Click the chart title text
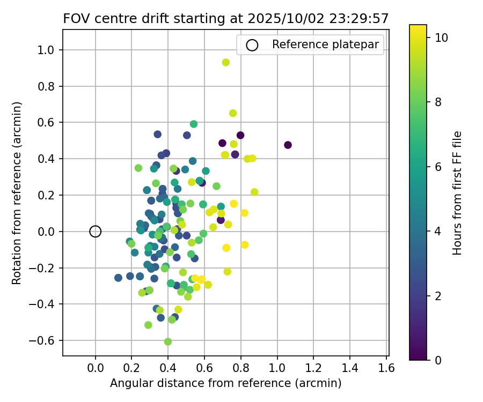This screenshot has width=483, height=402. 226,19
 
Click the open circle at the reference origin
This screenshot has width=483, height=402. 96,232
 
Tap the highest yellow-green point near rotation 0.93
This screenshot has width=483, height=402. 226,62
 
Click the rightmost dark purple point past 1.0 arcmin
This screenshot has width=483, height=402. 288,145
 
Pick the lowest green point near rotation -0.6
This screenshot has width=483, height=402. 168,341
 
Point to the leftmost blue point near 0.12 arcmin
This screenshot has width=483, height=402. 118,278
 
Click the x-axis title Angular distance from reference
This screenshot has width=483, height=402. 226,383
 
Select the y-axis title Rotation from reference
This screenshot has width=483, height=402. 17,193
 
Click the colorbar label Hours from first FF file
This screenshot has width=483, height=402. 457,193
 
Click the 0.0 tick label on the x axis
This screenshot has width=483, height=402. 96,368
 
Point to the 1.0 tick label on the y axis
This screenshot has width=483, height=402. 49,50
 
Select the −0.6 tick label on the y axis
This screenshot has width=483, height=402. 47,340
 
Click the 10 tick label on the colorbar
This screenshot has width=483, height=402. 441,38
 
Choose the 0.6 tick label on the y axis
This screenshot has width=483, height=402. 49,123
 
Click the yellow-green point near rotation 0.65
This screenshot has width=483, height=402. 233,113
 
